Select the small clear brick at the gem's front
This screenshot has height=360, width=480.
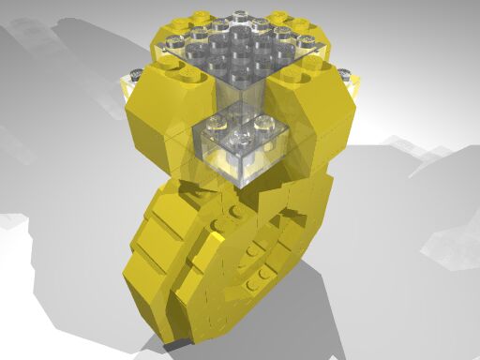[x=241, y=150]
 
